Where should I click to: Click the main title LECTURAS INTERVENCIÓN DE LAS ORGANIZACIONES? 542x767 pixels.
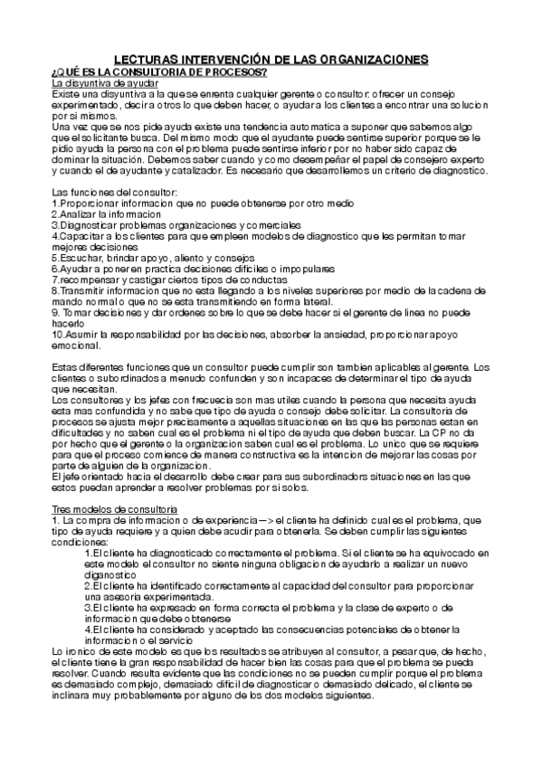271,59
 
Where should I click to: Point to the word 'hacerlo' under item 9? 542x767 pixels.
68,322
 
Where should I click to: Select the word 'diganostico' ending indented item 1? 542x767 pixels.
109,574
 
